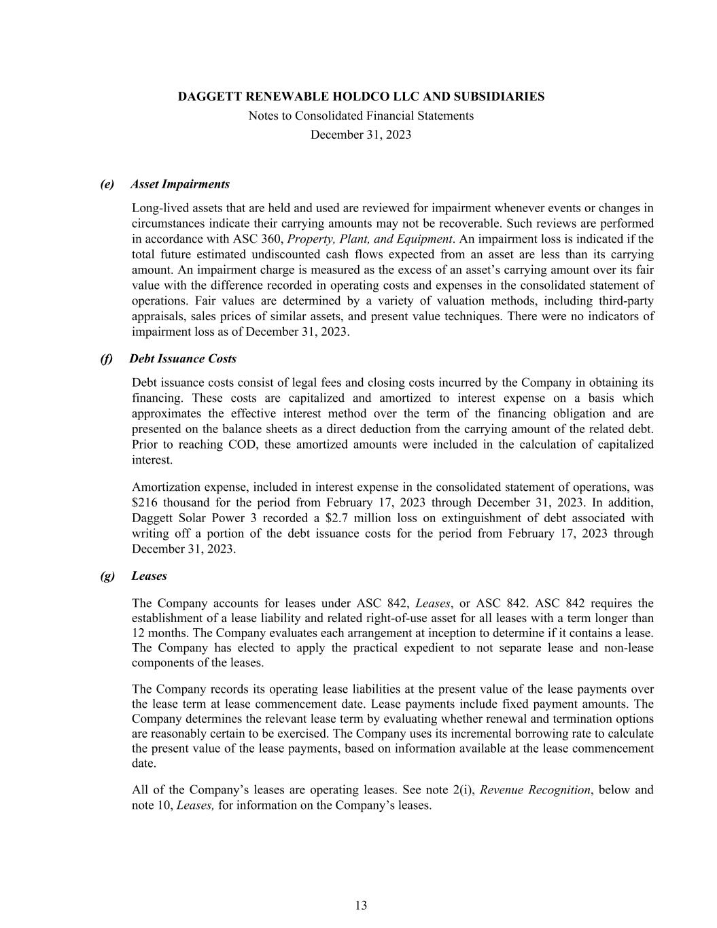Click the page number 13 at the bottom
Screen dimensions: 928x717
[x=361, y=905]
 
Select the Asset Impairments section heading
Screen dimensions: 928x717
[x=180, y=184]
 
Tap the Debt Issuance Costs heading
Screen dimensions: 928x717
[x=183, y=358]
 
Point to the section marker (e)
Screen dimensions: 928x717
[x=107, y=184]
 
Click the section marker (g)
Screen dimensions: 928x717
[x=107, y=576]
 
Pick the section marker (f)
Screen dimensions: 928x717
[x=106, y=358]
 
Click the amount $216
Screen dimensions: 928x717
[x=144, y=502]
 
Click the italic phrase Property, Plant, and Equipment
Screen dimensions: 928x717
[x=370, y=239]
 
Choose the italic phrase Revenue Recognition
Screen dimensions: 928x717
[x=535, y=790]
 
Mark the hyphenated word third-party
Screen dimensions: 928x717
[x=627, y=300]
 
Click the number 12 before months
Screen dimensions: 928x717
[x=139, y=633]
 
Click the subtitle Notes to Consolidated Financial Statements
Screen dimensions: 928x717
[x=361, y=116]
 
